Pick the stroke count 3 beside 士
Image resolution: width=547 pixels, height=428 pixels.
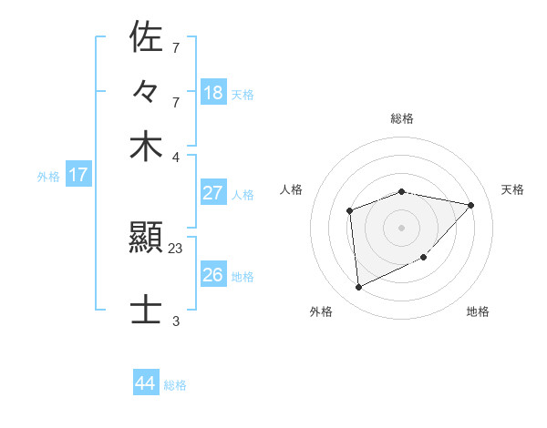point(176,321)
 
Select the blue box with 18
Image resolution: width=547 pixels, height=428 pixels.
point(213,93)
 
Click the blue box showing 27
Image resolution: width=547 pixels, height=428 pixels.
point(213,193)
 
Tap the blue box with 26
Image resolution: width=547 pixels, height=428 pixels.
point(213,275)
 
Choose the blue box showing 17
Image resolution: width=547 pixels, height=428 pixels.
point(77,176)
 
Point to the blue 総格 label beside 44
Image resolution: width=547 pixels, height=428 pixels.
point(175,385)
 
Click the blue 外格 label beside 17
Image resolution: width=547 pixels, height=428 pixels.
point(48,177)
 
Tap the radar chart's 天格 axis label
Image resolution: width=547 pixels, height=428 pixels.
point(512,189)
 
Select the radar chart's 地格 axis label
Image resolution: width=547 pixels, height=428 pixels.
point(478,311)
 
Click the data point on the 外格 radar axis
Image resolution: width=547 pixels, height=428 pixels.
point(359,288)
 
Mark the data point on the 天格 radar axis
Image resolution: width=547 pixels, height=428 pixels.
point(470,205)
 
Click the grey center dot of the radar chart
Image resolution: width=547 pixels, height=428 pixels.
point(401,227)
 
